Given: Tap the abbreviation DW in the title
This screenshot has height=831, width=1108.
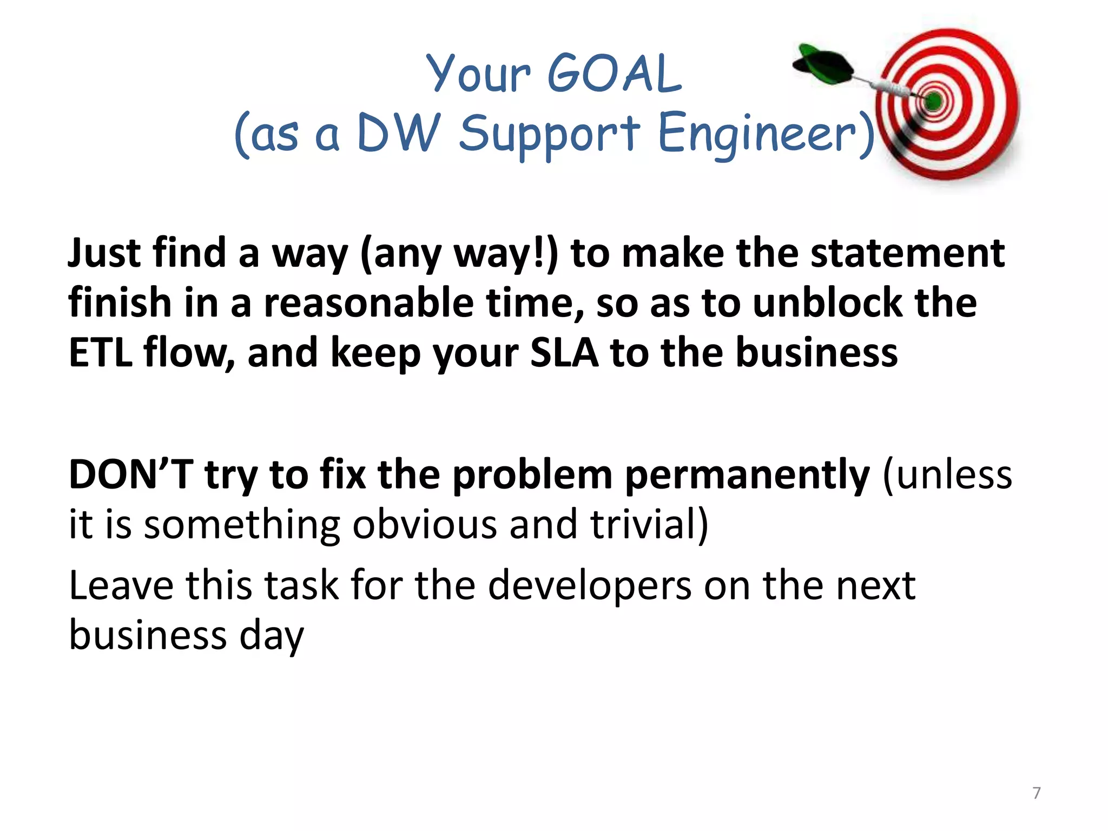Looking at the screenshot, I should click(399, 133).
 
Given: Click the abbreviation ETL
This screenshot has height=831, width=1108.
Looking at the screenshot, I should click(101, 353).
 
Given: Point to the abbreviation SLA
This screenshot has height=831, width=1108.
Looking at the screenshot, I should click(564, 353).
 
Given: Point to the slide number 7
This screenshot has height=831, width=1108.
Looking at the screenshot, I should click(1036, 793).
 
